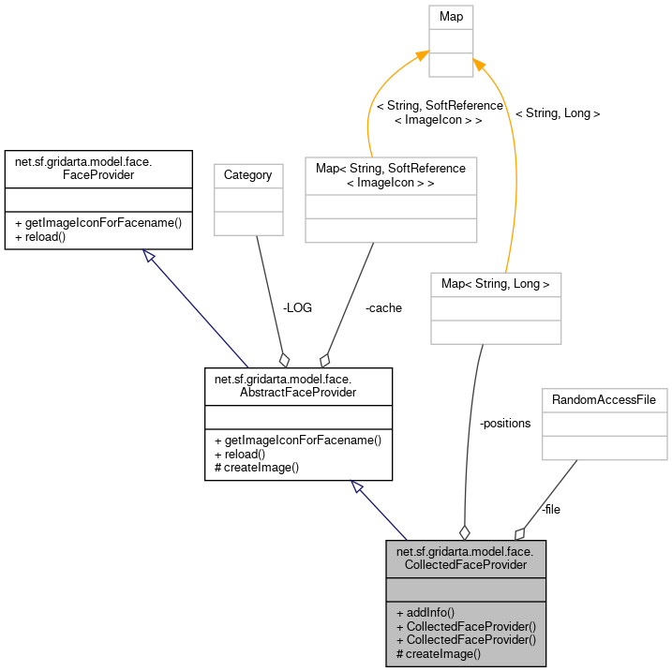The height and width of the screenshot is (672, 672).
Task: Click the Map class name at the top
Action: coord(451,17)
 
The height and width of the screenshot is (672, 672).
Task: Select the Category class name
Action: coord(247,174)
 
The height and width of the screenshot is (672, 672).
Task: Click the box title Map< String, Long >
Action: coord(495,283)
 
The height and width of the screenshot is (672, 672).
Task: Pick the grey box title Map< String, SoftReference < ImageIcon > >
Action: coord(391,174)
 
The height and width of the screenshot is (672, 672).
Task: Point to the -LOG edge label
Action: coord(296,307)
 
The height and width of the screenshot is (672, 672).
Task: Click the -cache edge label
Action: coord(383,307)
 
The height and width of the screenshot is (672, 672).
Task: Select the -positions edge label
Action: coord(504,423)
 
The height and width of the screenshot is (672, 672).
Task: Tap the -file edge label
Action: coord(551,509)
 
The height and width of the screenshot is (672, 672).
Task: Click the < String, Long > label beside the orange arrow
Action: coord(557,112)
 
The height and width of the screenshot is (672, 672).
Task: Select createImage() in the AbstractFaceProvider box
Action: coord(257,467)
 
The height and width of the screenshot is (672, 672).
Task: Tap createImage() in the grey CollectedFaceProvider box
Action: coord(439,653)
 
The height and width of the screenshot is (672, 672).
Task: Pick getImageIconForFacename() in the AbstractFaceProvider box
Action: coord(298,440)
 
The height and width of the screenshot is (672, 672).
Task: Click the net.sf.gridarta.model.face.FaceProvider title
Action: coord(83,168)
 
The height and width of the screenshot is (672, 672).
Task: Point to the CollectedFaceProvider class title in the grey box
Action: coord(466,558)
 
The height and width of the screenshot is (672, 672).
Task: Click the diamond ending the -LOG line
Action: coord(284,360)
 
